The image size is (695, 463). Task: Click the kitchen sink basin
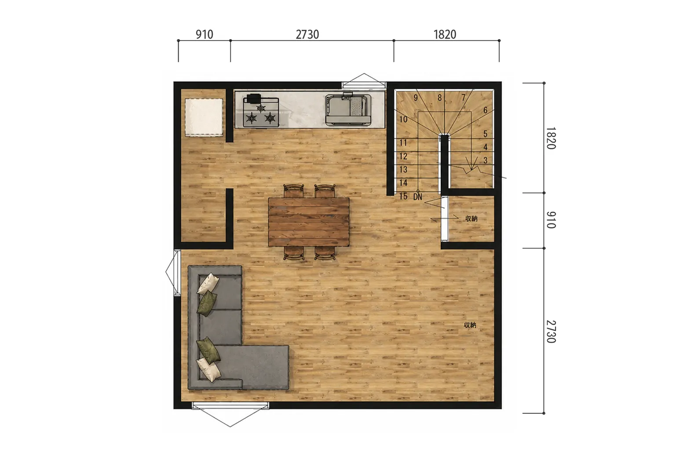(x=348, y=109)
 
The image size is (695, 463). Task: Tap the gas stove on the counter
(x=261, y=111)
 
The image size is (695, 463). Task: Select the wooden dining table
(x=309, y=222)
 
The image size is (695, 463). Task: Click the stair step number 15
(x=403, y=196)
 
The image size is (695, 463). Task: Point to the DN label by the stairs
(x=417, y=197)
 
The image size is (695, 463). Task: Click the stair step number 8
(x=439, y=98)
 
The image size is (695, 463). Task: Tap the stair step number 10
(x=403, y=119)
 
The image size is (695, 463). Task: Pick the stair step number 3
(x=485, y=160)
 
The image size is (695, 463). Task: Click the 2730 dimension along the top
(x=307, y=34)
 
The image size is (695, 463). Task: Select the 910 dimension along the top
(x=204, y=34)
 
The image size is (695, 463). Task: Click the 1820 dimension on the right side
(x=551, y=138)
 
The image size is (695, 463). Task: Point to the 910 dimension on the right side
(x=551, y=220)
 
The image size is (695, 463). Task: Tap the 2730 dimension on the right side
(x=551, y=332)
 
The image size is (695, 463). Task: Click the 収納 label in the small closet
(x=471, y=219)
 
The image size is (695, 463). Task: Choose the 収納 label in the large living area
(x=470, y=325)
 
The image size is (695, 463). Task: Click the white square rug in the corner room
(x=204, y=117)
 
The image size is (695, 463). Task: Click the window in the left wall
(x=173, y=272)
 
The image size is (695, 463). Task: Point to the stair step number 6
(x=485, y=110)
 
